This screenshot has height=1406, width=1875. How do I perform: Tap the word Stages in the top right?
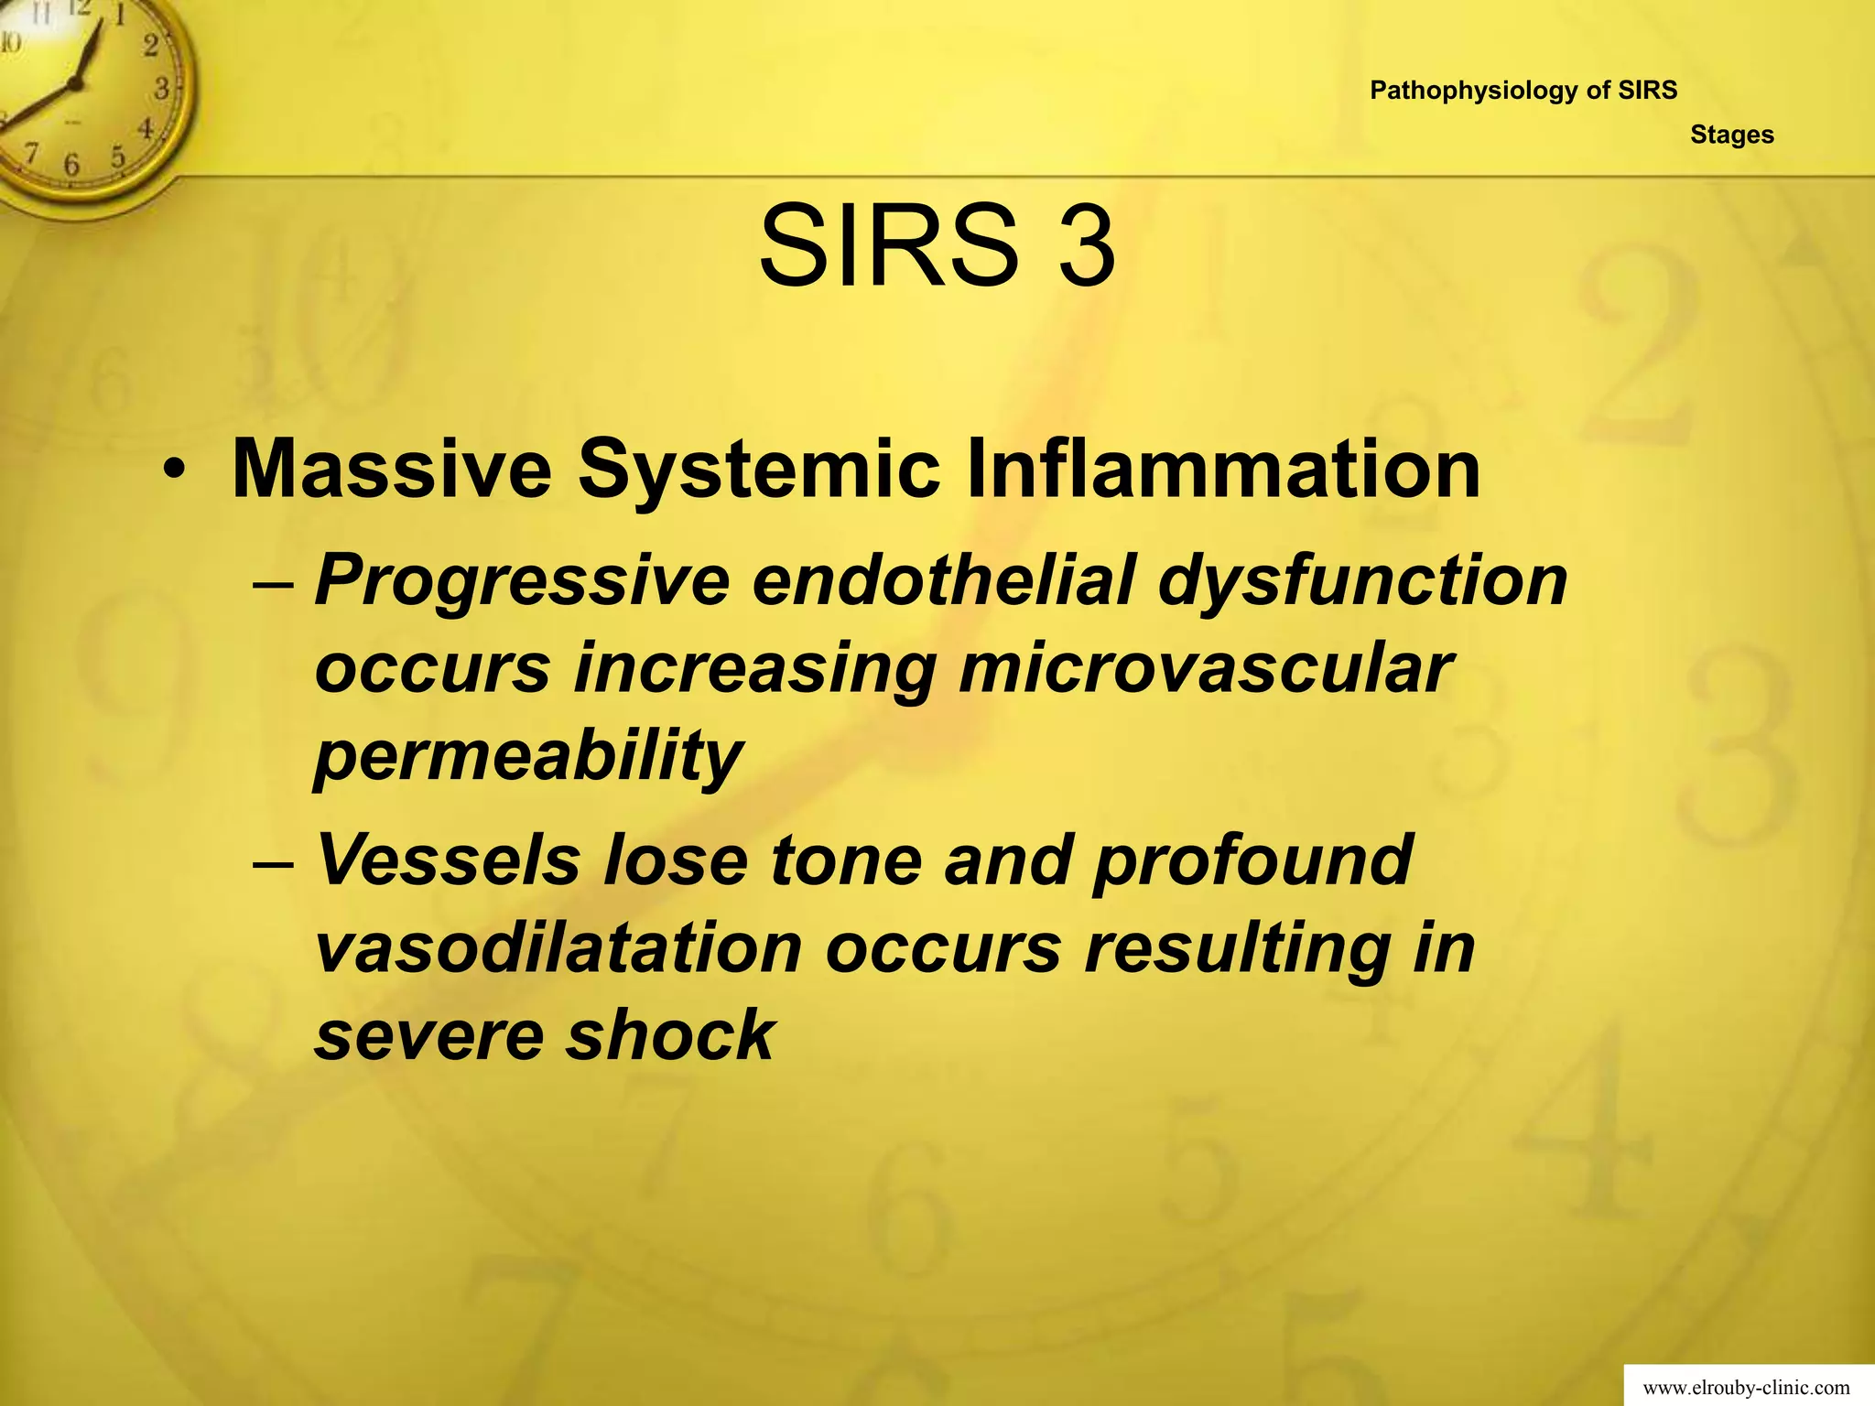pyautogui.click(x=1731, y=135)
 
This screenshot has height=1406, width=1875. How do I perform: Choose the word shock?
pyautogui.click(x=669, y=1035)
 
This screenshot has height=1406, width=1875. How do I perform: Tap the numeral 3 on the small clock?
pyautogui.click(x=161, y=89)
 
